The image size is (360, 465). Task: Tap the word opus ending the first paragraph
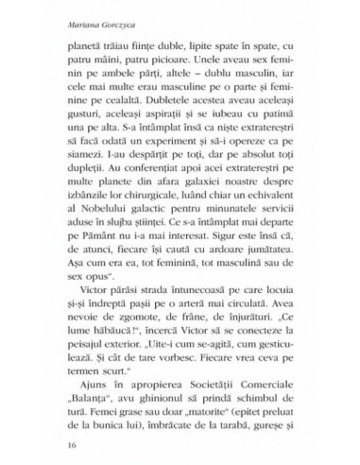102,335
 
